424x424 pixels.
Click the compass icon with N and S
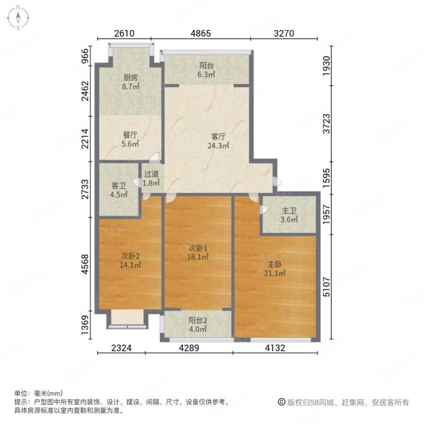[x=17, y=16]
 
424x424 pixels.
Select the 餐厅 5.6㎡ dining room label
[x=130, y=139]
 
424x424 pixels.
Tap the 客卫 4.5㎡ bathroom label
[x=119, y=190]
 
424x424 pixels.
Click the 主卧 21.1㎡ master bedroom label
[x=276, y=269]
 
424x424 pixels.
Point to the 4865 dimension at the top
[x=201, y=33]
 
